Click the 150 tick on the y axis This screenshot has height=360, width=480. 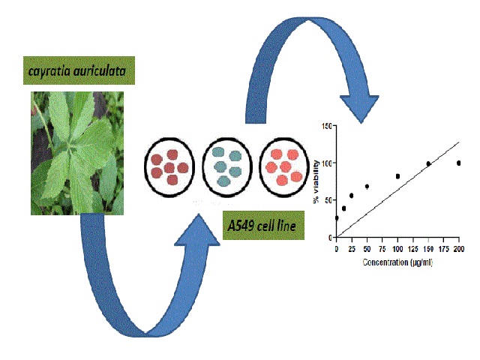point(324,125)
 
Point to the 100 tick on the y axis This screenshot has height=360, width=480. point(324,163)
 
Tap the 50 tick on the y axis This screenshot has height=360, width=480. point(325,200)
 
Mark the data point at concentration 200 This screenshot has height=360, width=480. point(458,163)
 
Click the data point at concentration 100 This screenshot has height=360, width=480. point(397,176)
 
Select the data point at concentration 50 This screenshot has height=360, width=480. point(367,186)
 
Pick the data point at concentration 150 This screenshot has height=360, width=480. point(428,163)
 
